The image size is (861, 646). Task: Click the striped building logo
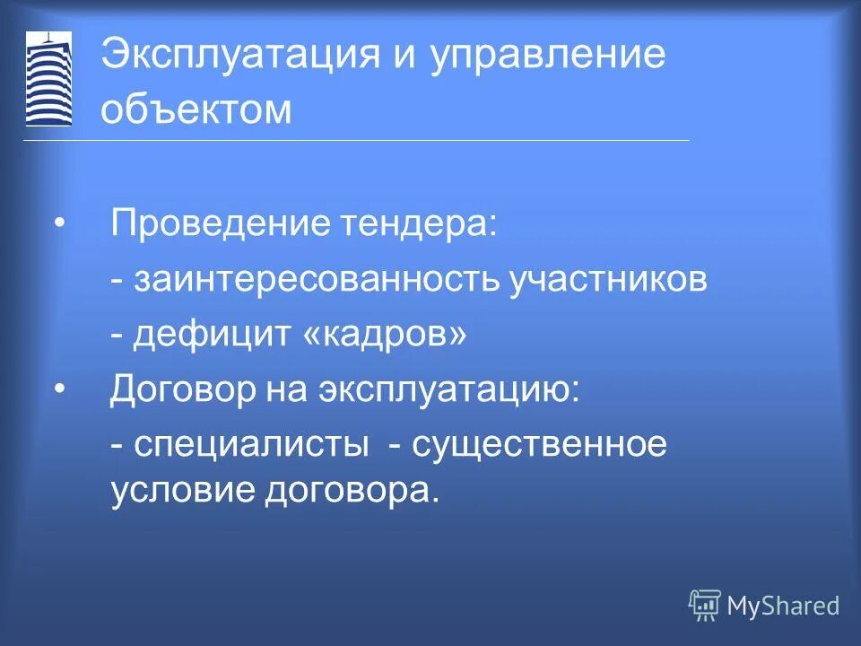(48, 79)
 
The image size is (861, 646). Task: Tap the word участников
(609, 279)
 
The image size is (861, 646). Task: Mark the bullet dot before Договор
(59, 390)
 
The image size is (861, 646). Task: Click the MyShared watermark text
(783, 606)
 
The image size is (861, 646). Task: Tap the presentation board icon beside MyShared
(704, 606)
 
